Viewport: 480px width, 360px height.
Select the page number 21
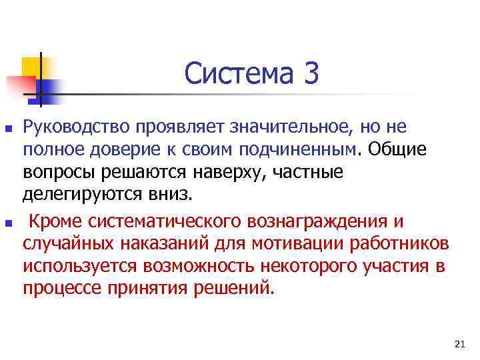[x=458, y=344]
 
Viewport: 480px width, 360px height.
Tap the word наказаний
[x=169, y=243]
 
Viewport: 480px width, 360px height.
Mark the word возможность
[x=203, y=266]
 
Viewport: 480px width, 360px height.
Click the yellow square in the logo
[x=32, y=66]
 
